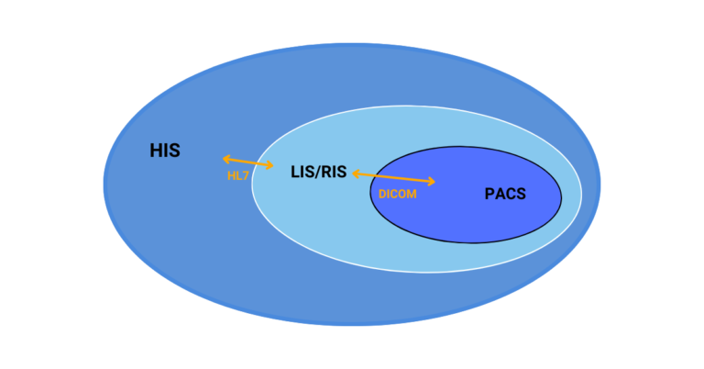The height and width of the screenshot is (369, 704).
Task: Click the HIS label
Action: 165,151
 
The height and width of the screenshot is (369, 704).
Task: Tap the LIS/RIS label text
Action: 318,171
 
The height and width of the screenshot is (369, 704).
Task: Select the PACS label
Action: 505,194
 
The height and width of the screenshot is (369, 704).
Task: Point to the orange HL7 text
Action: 238,174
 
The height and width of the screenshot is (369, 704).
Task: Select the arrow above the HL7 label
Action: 247,162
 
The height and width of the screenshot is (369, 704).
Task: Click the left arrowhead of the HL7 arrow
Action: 225,159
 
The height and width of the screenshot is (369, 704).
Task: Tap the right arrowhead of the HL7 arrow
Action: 270,166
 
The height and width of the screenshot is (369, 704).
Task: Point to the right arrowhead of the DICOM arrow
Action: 432,183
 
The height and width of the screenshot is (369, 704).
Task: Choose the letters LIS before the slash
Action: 302,171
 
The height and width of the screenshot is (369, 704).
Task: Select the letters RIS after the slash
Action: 335,171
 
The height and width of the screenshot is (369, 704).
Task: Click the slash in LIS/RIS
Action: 318,171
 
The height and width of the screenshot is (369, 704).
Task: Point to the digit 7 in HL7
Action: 246,174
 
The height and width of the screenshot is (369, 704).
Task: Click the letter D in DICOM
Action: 382,194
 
